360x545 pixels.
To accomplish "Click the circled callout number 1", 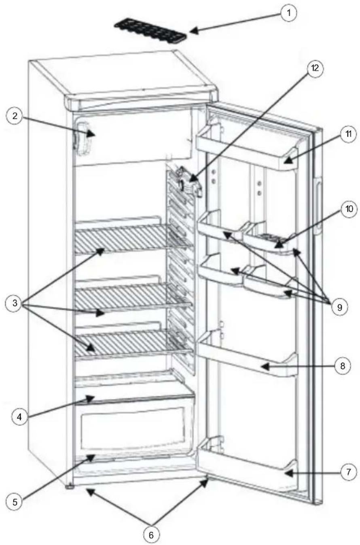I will coord(288,13).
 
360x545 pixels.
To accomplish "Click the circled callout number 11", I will coord(347,135).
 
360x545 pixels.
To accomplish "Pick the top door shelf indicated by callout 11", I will coord(247,148).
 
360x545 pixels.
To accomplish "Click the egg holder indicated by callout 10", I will coord(271,241).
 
